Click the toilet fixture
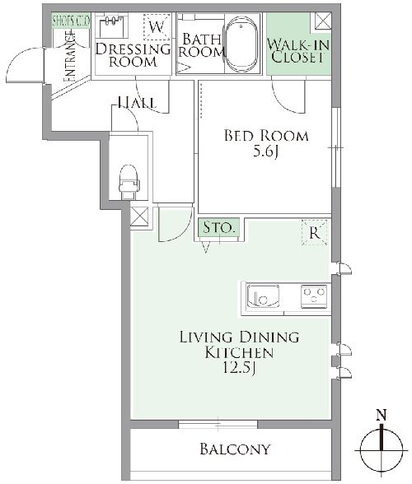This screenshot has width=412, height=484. click(128, 180)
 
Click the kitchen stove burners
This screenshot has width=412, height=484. click(313, 293)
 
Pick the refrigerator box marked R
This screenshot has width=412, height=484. click(314, 232)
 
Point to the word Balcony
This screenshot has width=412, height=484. click(236, 449)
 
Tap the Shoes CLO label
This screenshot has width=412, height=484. click(71, 19)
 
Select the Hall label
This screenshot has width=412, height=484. click(138, 103)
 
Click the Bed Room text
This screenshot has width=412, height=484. click(266, 136)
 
